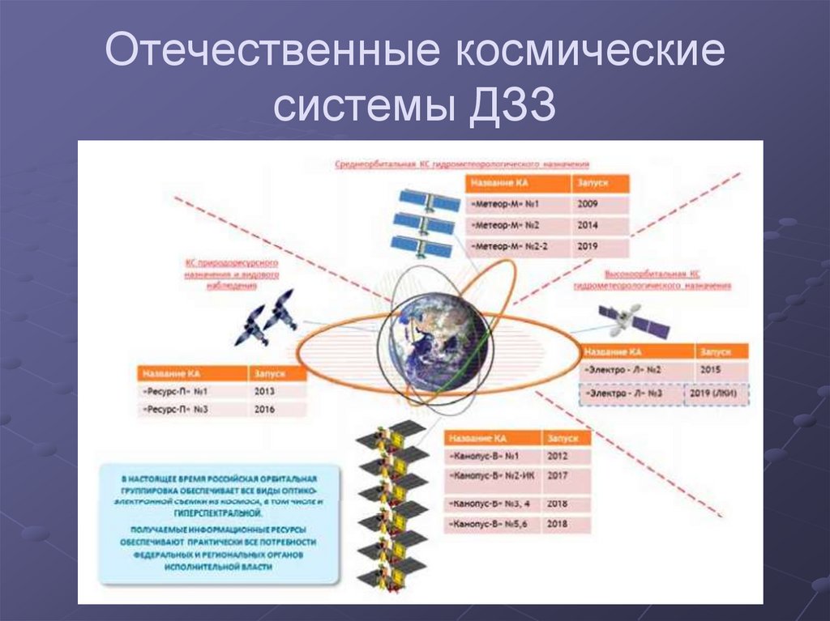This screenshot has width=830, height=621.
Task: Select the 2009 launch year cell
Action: point(600,204)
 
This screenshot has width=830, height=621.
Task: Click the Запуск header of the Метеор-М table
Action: point(600,183)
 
